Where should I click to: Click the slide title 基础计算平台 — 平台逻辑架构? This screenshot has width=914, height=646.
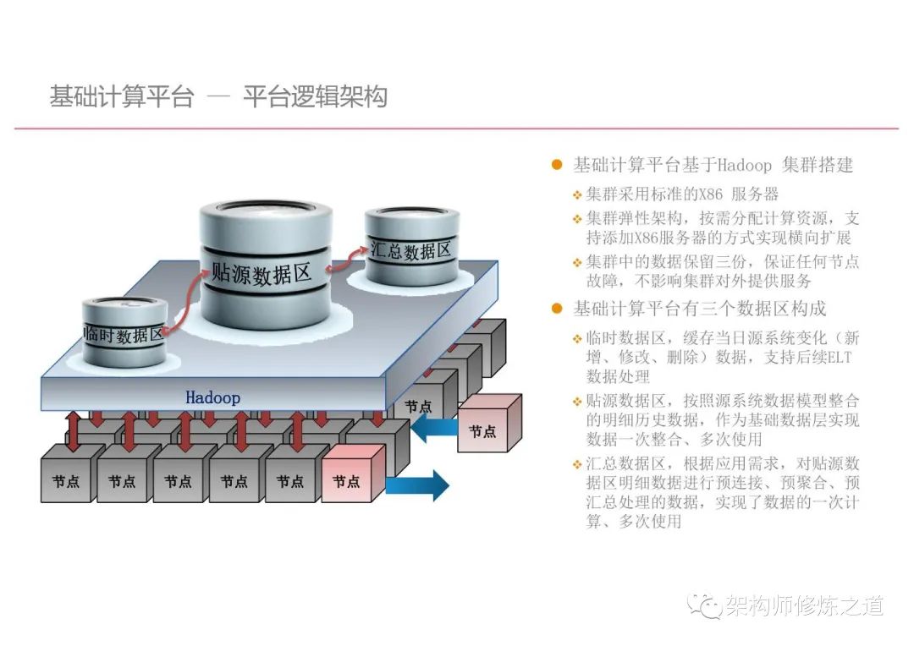tap(218, 97)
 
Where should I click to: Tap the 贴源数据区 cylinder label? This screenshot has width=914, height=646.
tap(262, 273)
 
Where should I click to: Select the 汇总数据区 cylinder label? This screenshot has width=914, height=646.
tap(411, 250)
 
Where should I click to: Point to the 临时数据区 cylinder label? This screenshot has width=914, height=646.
tap(124, 333)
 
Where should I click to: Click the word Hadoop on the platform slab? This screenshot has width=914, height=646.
tap(212, 397)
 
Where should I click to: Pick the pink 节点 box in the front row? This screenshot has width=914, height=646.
tap(346, 481)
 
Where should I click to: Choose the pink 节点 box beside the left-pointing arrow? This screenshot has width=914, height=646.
tap(482, 430)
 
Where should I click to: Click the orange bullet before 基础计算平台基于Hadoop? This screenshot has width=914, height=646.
tap(556, 164)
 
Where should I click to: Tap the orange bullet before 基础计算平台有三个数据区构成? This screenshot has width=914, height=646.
tap(556, 308)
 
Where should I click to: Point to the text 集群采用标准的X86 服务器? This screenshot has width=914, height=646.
tap(682, 194)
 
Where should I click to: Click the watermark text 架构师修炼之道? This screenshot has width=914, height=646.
tap(803, 605)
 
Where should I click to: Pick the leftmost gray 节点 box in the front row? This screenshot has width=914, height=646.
tap(66, 481)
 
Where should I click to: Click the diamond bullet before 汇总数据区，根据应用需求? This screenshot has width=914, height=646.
tap(577, 464)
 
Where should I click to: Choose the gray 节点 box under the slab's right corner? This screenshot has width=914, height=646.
tap(418, 406)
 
